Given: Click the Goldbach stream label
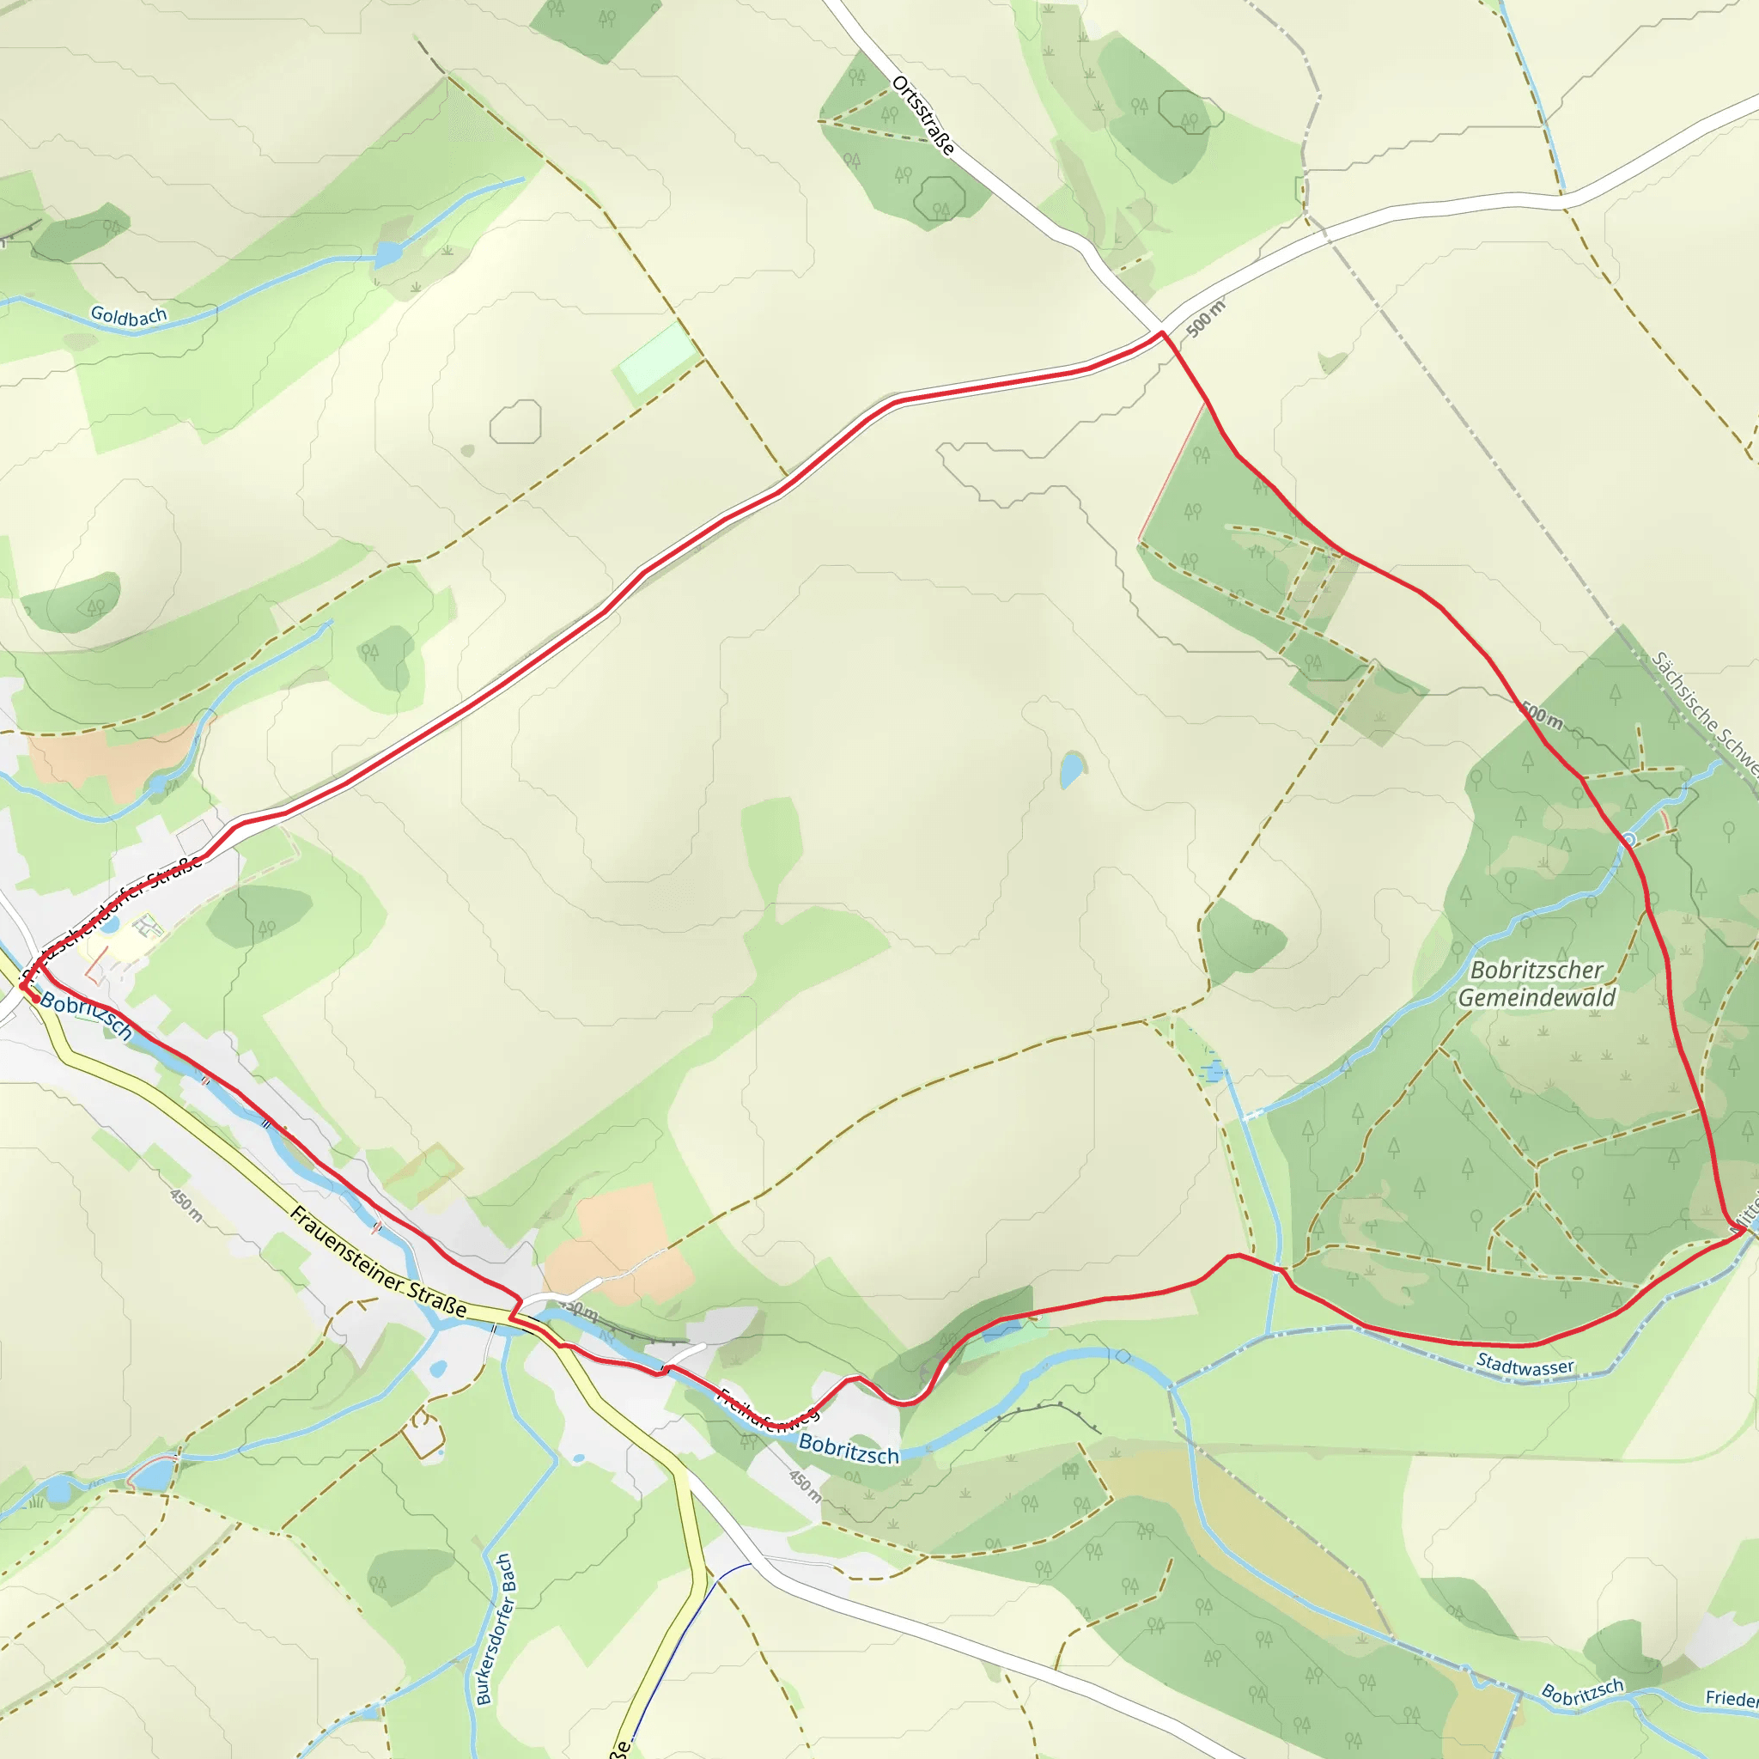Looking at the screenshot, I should click(128, 316).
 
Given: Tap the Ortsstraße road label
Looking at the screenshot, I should click(923, 116).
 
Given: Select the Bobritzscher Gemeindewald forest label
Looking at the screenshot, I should click(1537, 983).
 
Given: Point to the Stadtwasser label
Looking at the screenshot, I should click(1525, 1366).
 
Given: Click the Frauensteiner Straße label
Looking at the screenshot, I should click(378, 1262).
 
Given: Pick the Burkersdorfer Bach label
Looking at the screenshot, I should click(496, 1628).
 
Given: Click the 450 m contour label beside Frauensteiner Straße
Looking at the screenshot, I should click(186, 1203).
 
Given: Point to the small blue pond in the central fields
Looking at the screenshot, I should click(1072, 770).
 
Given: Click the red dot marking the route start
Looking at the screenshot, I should click(35, 999).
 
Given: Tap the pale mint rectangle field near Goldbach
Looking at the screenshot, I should click(656, 357).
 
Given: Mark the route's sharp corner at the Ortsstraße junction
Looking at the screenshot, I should click(1163, 333).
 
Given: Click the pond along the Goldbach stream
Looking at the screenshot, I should click(388, 253).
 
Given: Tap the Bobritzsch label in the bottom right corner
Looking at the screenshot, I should click(1582, 1693).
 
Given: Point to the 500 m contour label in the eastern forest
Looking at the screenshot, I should click(1543, 716).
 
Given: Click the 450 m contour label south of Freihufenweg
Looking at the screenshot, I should click(804, 1486).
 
